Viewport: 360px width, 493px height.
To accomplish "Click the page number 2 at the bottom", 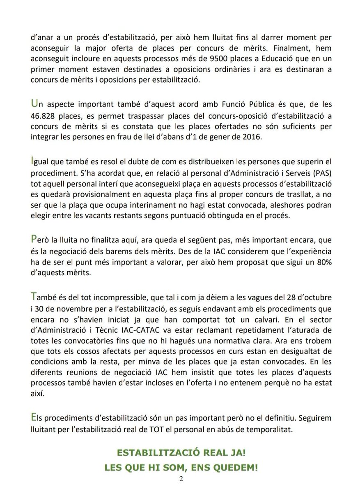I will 181,479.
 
